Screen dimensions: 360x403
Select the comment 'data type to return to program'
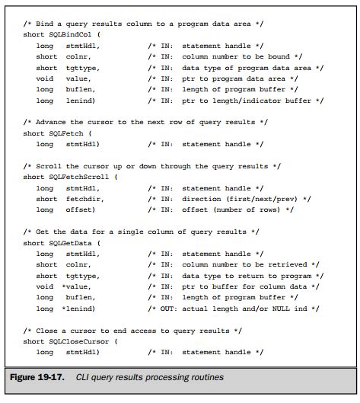pos(254,275)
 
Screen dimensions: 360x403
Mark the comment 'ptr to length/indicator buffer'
pos(254,101)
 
